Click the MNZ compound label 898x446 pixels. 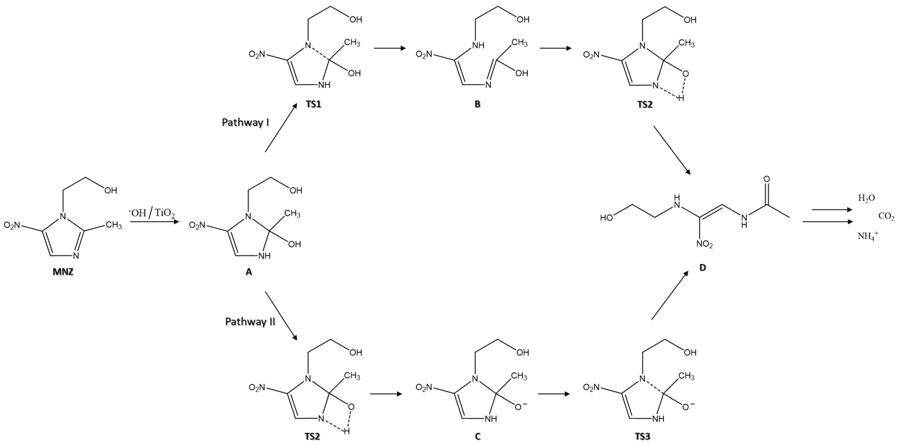(63, 272)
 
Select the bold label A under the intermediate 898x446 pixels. (248, 272)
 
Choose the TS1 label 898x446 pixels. (313, 104)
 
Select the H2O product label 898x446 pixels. (866, 198)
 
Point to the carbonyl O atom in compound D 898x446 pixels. (767, 179)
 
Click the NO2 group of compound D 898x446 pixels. (704, 244)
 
